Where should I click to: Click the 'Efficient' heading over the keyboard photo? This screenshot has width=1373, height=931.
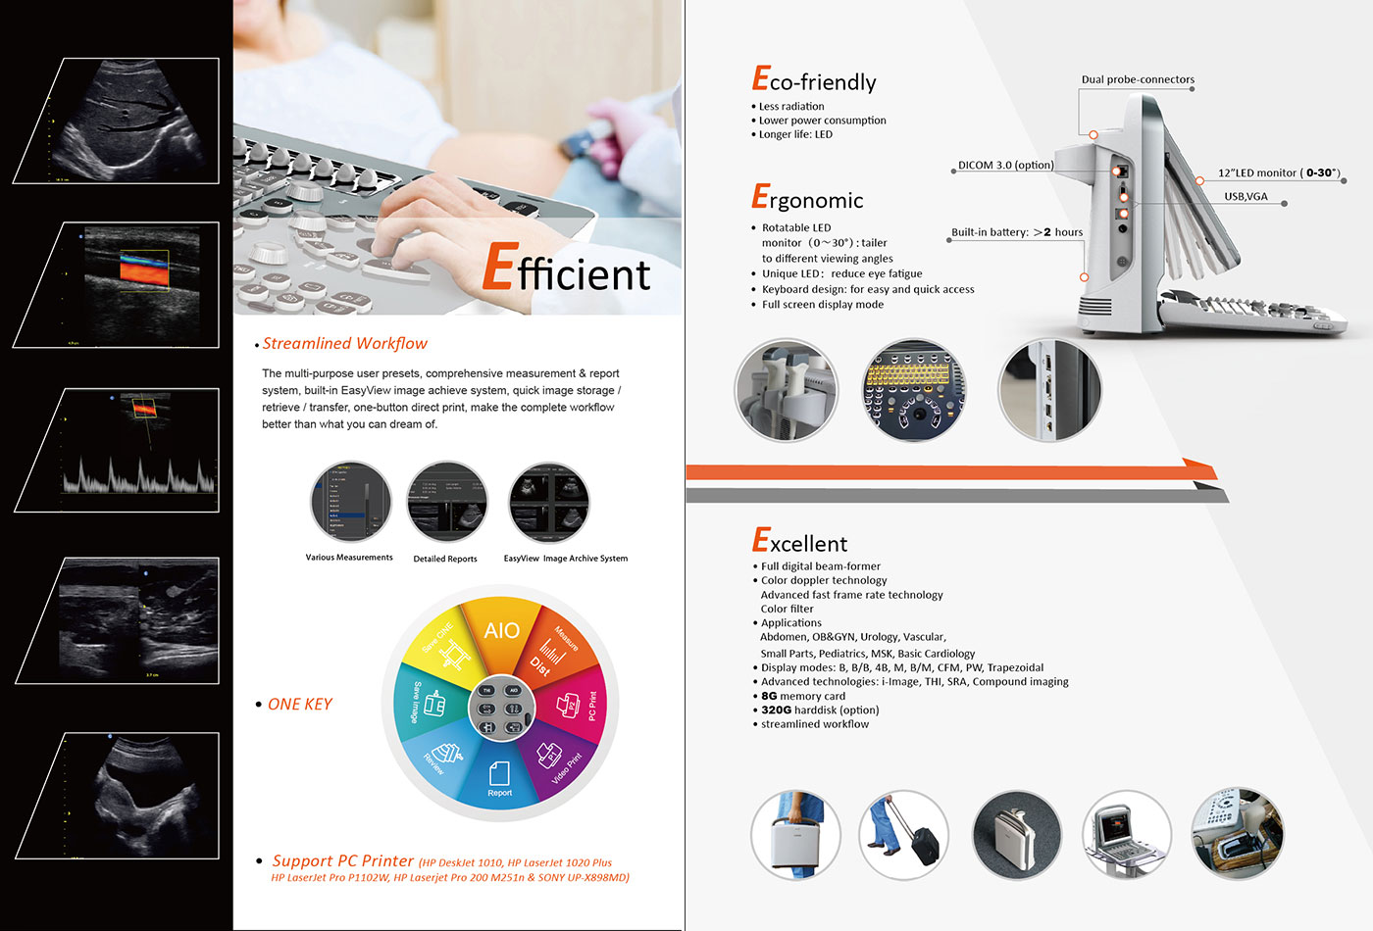coord(567,269)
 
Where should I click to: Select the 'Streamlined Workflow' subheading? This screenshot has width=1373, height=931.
coord(344,344)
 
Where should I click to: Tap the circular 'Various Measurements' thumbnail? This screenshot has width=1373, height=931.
coord(350,502)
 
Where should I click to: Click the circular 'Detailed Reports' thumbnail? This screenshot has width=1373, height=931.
coord(446,503)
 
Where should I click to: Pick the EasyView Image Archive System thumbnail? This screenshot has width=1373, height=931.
coord(548,503)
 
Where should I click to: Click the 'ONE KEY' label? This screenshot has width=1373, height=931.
coord(299,705)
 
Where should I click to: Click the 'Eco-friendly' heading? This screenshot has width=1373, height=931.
coord(814,81)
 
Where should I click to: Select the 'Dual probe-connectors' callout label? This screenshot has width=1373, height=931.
coord(1138,79)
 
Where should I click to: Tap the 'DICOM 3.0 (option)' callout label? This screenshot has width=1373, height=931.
coord(1005,166)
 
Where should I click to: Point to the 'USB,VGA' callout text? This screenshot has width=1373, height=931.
coord(1246,197)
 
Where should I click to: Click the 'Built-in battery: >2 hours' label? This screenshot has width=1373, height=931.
coord(1017,233)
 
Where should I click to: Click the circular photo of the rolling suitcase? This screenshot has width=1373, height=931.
coord(903,835)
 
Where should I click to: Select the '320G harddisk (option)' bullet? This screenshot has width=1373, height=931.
coord(820,710)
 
